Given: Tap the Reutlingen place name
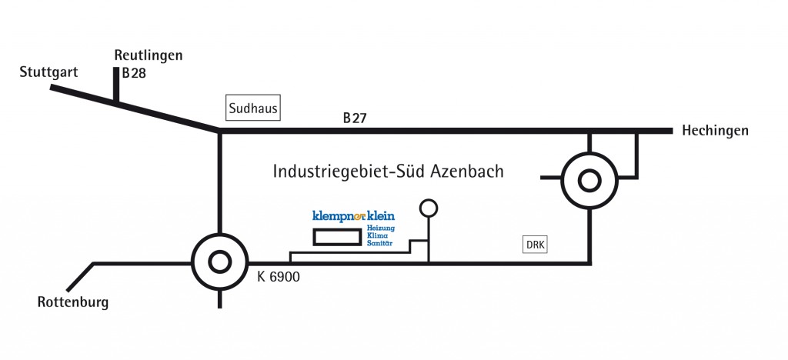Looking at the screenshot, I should tap(149, 55).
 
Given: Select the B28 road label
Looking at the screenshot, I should tap(134, 75).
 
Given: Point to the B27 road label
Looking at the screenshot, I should tap(356, 118).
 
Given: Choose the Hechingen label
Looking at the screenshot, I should tap(715, 131).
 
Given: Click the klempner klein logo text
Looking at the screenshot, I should tap(353, 216).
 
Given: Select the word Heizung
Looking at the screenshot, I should tap(380, 228).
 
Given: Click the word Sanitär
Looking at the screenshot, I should tap(379, 243).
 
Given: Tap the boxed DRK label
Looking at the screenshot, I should tap(536, 245).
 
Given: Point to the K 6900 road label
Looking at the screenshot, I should tap(279, 276).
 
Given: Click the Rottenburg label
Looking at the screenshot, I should tap(73, 302).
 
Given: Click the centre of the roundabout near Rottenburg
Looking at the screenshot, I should tap(220, 262).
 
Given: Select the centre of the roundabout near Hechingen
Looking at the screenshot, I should tap(589, 181).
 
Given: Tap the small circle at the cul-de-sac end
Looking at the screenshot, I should tap(428, 207).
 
